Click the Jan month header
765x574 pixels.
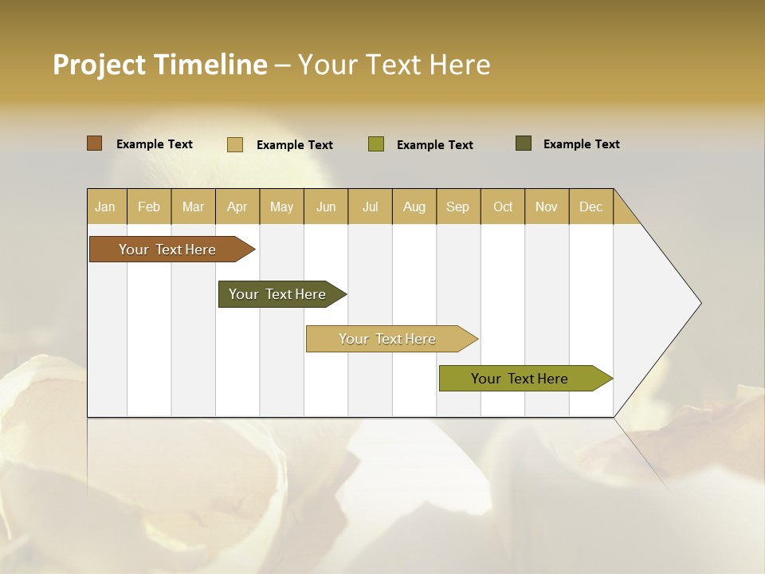point(105,206)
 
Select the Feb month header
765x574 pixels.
point(149,206)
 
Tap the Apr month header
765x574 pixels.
point(237,206)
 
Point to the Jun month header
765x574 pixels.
point(326,206)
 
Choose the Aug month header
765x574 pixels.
point(414,206)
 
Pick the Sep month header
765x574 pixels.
point(457,206)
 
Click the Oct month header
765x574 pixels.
point(503,206)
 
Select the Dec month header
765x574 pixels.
point(590,206)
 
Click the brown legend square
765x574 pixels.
point(95,143)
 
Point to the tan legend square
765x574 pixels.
point(235,144)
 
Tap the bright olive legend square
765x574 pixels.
point(376,144)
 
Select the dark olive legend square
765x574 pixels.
point(524,143)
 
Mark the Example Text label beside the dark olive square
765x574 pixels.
point(581,144)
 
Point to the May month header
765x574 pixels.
point(281,206)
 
